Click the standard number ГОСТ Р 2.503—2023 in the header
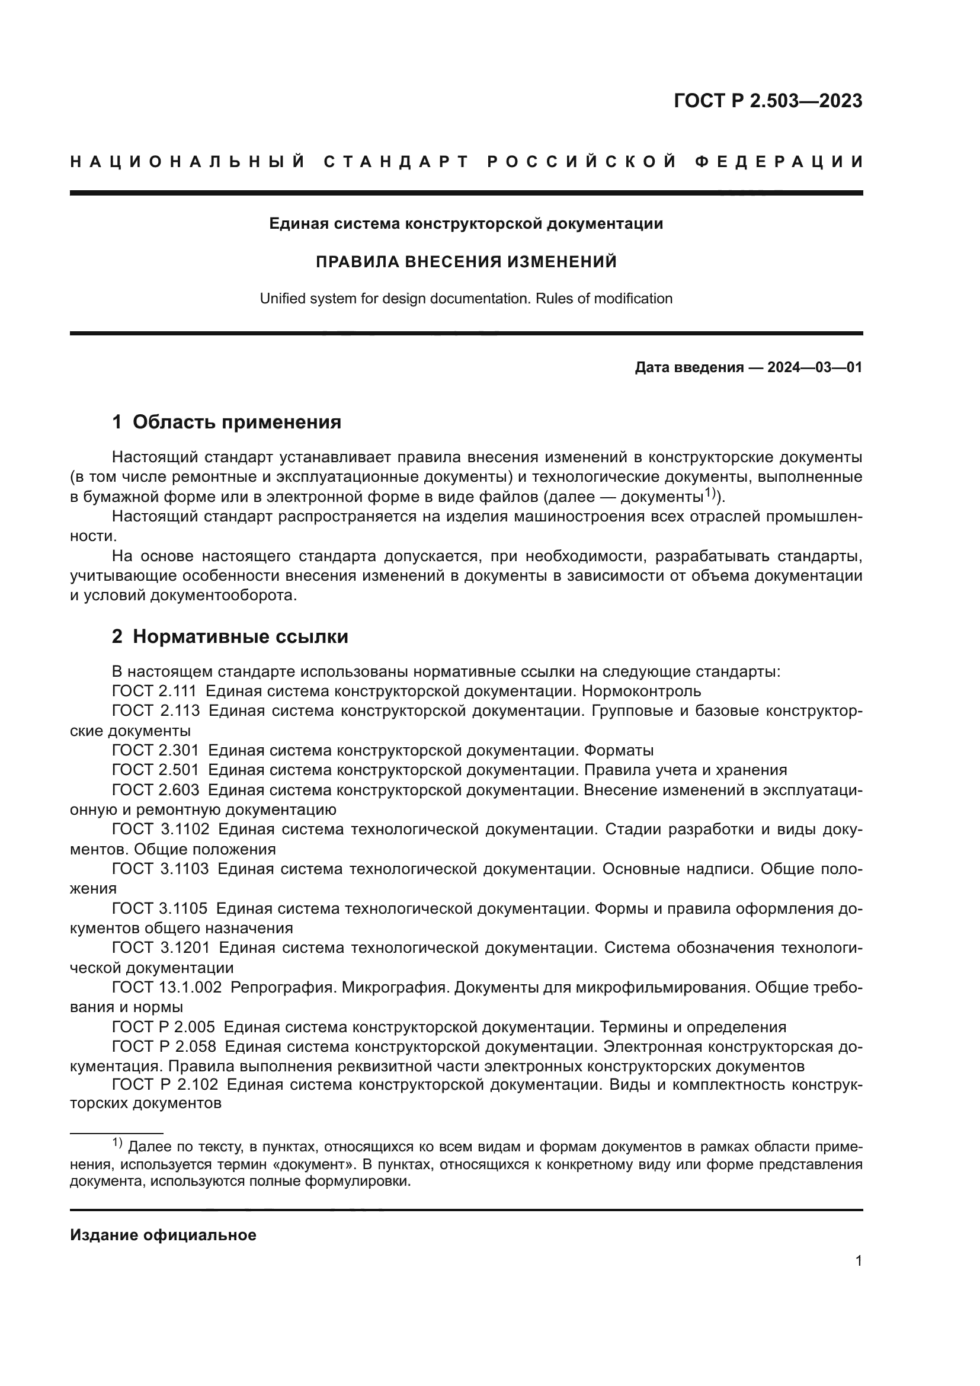767,101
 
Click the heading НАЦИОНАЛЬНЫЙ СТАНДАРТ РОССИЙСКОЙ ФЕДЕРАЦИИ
466,162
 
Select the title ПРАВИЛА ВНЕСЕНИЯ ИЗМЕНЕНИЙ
466,261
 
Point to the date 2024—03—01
814,367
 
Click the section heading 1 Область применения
226,421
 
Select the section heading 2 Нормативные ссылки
230,636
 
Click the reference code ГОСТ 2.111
154,691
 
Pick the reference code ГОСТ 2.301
156,750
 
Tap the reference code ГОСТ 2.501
156,770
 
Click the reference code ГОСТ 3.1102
161,830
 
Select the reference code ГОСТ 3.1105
159,908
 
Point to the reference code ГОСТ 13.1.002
166,987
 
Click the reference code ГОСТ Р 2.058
164,1046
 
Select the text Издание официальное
163,1235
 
